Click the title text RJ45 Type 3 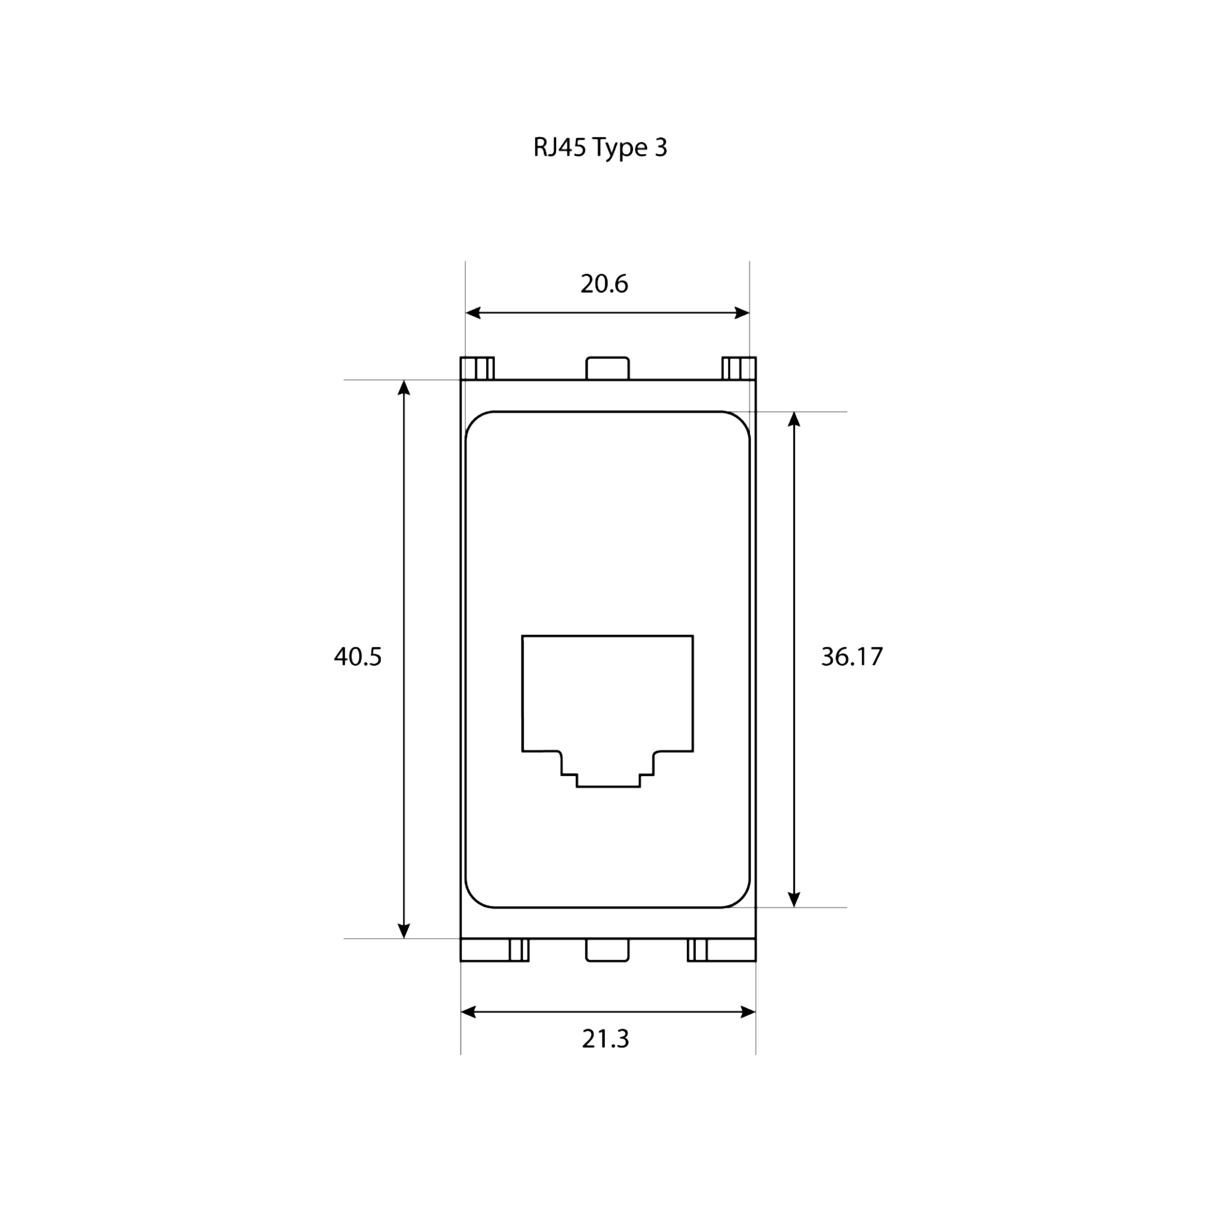pyautogui.click(x=600, y=148)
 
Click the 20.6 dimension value pyautogui.click(x=604, y=284)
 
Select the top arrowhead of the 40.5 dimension pyautogui.click(x=404, y=388)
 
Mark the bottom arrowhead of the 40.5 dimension pyautogui.click(x=404, y=931)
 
